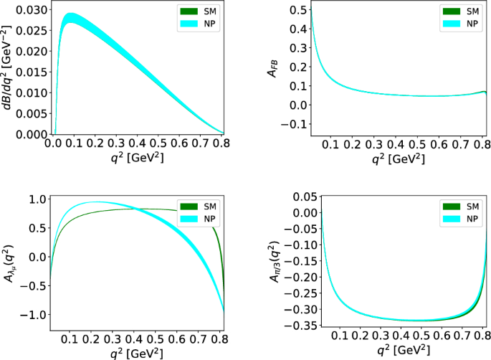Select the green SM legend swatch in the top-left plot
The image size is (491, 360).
click(x=187, y=11)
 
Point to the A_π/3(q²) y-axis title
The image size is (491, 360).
click(x=273, y=264)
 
